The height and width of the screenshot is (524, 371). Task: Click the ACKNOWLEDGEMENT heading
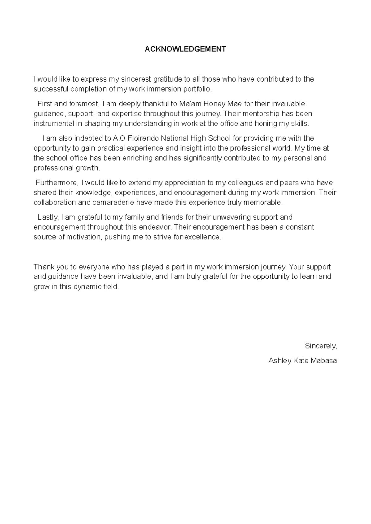185,49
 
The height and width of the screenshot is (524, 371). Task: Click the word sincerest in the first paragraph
133,79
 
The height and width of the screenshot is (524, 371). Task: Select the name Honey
215,104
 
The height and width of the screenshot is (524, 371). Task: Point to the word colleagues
248,183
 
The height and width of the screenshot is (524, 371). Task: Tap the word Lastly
48,217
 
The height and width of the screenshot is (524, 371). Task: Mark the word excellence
205,237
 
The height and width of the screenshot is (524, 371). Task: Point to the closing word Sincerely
321,346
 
